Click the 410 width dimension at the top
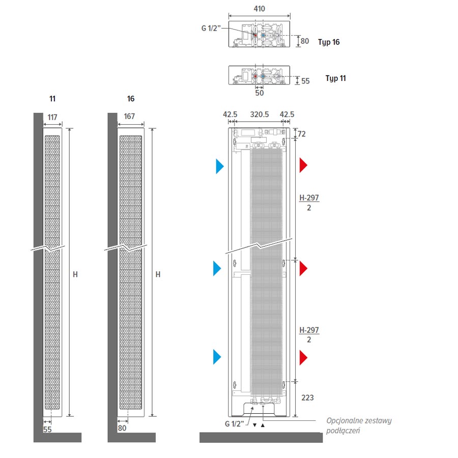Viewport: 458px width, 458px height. (259, 9)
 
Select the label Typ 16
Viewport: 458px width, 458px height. (329, 42)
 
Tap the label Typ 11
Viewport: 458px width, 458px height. (336, 79)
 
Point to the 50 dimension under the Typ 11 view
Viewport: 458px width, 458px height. (260, 93)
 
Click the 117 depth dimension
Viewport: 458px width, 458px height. (52, 117)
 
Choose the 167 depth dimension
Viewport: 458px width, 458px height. (129, 117)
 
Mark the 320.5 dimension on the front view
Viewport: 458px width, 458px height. (260, 115)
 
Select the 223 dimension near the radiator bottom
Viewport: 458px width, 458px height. (307, 398)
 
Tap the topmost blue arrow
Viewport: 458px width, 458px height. (220, 166)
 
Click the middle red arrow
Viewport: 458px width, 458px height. (304, 268)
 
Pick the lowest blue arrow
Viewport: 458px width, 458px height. (217, 357)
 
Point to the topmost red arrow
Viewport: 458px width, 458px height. (304, 165)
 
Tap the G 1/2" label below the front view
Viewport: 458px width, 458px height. (235, 424)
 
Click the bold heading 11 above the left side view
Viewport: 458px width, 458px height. (52, 98)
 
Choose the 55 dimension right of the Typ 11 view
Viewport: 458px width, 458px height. (305, 81)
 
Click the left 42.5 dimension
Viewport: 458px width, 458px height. (230, 115)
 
